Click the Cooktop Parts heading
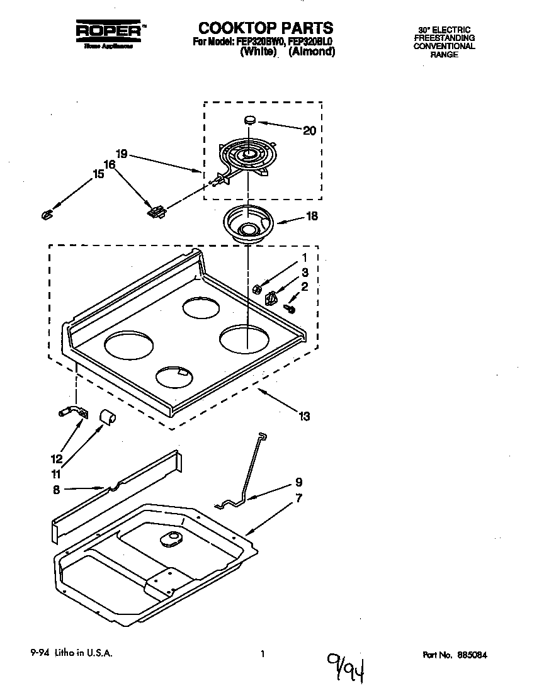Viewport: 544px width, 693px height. (266, 28)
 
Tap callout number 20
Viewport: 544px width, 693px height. (309, 131)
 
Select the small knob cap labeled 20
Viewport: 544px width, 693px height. (249, 118)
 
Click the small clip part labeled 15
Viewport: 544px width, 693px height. (45, 215)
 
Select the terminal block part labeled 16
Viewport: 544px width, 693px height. (156, 211)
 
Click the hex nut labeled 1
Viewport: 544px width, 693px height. (258, 289)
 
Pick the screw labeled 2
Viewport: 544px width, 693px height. (290, 308)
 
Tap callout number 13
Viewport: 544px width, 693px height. (305, 416)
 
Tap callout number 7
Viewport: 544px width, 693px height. (298, 498)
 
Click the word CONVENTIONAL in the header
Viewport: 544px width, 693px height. (444, 47)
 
